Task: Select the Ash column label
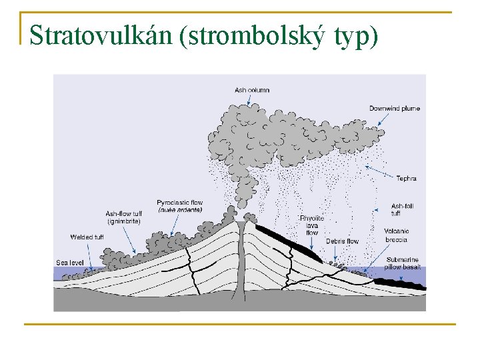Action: click(252, 90)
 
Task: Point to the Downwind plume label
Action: click(395, 108)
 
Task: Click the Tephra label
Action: click(406, 178)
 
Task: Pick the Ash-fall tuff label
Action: click(402, 209)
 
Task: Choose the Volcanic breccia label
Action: click(397, 235)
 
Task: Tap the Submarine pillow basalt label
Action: click(402, 263)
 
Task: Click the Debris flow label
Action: click(342, 241)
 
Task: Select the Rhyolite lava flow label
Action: click(312, 225)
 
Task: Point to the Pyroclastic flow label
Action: click(179, 206)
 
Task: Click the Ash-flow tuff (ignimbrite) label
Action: click(123, 217)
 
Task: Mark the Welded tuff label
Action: click(87, 237)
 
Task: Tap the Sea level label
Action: click(69, 263)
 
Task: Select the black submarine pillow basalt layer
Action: click(400, 283)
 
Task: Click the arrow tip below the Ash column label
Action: click(249, 105)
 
